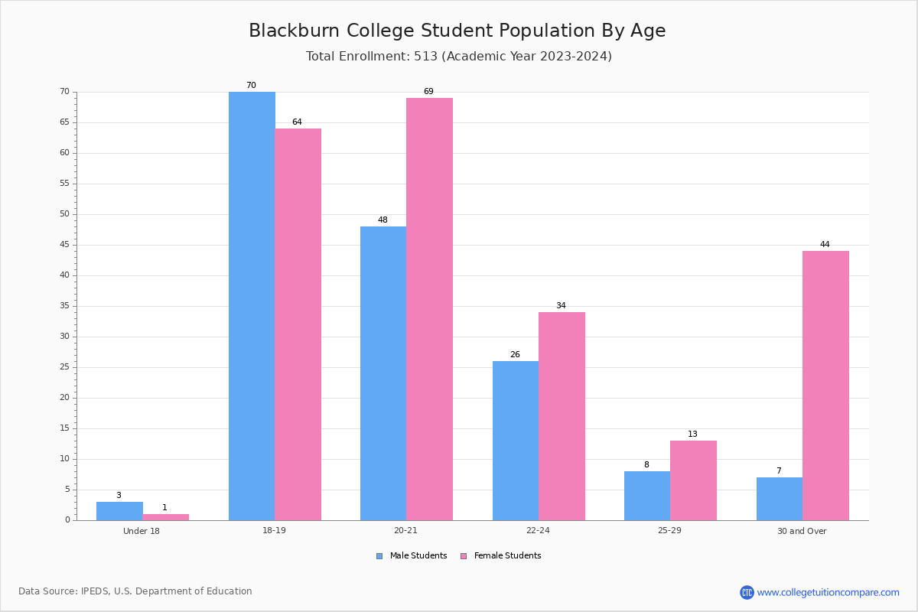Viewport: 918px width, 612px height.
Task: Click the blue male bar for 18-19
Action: (252, 306)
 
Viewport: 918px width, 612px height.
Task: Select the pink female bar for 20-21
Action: (429, 309)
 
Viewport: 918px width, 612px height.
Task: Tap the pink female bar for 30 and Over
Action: (825, 386)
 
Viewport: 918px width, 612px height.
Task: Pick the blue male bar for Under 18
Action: (119, 511)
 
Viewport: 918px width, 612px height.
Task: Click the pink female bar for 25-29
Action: (693, 480)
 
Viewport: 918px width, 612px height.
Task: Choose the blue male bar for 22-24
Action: (516, 441)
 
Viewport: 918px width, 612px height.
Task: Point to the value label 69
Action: (428, 91)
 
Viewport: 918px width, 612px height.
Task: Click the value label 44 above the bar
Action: (825, 244)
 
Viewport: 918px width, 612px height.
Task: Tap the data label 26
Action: (515, 354)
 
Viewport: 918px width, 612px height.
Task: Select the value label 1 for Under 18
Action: (164, 507)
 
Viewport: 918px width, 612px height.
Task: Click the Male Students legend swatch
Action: (379, 556)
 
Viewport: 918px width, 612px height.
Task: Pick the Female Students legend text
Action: (507, 555)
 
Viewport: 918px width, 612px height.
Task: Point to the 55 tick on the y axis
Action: (65, 184)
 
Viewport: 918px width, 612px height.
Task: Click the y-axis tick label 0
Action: (67, 519)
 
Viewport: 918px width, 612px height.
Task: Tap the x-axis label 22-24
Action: (538, 530)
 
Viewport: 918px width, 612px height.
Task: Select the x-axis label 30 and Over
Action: (802, 531)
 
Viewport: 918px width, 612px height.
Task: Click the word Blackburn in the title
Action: (295, 31)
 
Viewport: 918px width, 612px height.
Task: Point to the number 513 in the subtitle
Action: (426, 56)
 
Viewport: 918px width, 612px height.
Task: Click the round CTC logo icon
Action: (747, 592)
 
